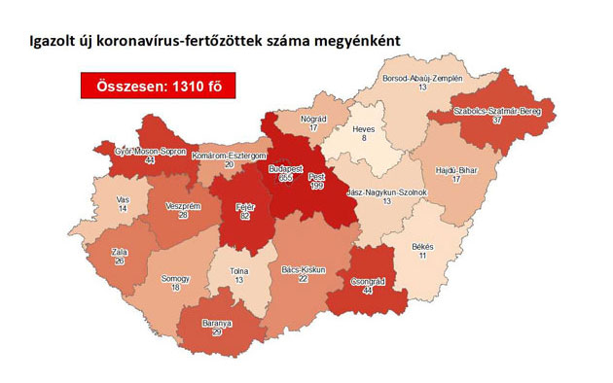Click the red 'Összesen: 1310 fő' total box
pyautogui.click(x=159, y=87)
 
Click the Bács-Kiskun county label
pyautogui.click(x=304, y=269)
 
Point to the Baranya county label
pyautogui.click(x=217, y=323)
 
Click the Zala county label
pyautogui.click(x=120, y=250)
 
